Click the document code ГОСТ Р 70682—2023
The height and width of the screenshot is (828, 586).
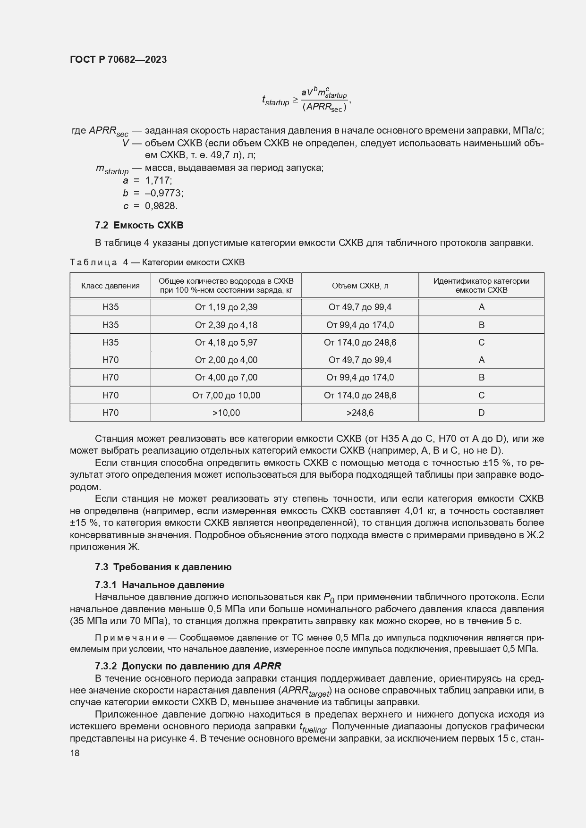[x=118, y=59]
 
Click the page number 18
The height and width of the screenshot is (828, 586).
[x=75, y=753]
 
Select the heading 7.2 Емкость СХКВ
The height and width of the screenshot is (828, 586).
[x=139, y=225]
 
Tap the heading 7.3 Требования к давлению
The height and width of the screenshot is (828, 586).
[x=163, y=567]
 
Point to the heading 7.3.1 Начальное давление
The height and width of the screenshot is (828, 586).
[x=159, y=585]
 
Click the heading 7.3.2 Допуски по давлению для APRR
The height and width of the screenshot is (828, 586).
[x=187, y=666]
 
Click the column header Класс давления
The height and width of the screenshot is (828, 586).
[x=110, y=286]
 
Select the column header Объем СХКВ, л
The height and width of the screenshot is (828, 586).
[x=360, y=286]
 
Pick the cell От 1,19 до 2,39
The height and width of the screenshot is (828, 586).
[x=226, y=307]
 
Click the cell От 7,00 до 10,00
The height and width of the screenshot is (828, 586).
[x=226, y=395]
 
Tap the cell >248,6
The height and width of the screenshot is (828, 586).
[x=360, y=413]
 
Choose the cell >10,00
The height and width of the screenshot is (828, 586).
[x=226, y=413]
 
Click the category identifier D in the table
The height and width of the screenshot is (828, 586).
[x=481, y=413]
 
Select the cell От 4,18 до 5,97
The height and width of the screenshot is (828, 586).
[x=226, y=342]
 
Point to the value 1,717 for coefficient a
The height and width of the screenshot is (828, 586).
[x=159, y=180]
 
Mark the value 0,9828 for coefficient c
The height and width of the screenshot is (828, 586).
[x=161, y=206]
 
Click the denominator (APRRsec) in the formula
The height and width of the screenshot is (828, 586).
[x=324, y=107]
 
